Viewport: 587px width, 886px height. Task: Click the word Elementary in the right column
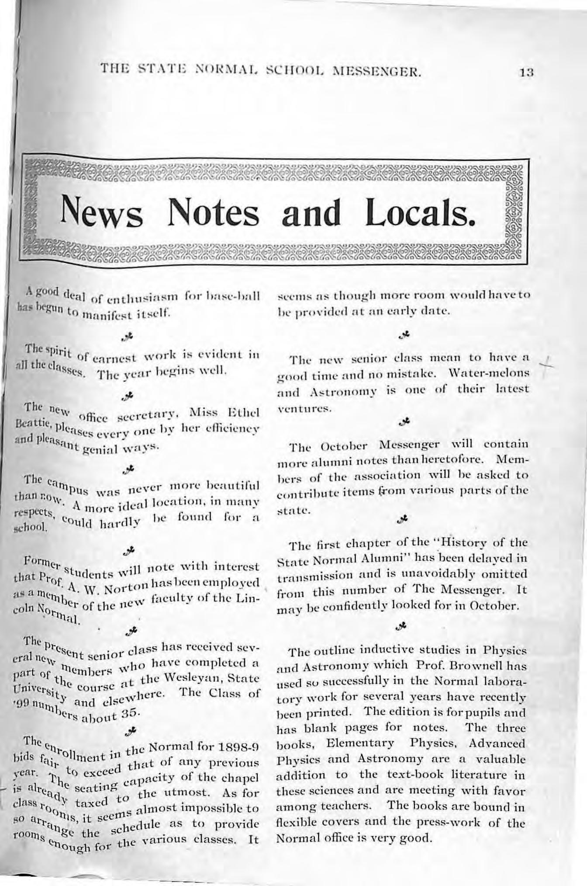click(360, 743)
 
